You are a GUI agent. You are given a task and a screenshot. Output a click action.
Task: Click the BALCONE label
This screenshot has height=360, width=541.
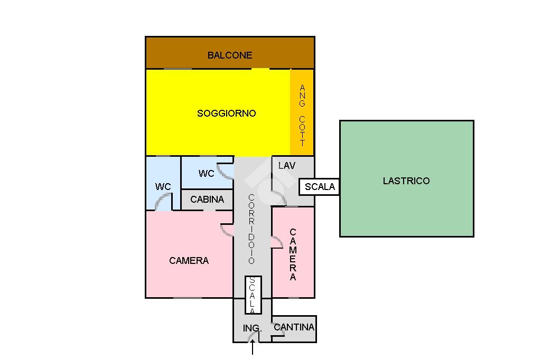[229, 55]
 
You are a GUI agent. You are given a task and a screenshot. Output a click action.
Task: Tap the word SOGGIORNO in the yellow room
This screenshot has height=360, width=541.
[226, 113]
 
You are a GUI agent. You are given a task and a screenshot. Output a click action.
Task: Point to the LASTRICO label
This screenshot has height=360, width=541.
[406, 181]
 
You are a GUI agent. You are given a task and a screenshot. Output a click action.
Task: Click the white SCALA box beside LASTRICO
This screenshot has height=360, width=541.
[320, 186]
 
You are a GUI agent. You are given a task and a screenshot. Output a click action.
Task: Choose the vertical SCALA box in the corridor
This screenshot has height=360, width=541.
[253, 295]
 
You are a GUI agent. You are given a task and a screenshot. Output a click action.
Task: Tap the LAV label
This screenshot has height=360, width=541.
[286, 165]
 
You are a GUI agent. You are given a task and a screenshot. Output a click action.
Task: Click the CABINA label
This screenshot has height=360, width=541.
[207, 199]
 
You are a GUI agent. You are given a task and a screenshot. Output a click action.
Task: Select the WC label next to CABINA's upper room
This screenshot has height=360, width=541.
[206, 173]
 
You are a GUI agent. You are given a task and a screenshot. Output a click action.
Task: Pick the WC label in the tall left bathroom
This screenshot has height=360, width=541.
[163, 186]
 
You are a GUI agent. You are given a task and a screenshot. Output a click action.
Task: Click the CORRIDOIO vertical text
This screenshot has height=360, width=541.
[251, 229]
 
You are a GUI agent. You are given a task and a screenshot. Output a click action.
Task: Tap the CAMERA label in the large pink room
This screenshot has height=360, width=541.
[189, 260]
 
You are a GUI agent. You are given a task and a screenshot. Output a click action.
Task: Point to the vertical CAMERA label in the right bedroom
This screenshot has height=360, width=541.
[293, 254]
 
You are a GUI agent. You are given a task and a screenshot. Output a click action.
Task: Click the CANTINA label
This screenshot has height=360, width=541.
[294, 327]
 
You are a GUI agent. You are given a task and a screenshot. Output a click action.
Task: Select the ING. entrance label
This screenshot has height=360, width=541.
[252, 328]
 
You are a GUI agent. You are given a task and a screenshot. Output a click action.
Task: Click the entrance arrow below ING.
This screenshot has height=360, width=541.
[253, 347]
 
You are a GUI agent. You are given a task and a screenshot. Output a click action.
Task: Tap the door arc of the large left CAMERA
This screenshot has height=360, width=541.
[226, 230]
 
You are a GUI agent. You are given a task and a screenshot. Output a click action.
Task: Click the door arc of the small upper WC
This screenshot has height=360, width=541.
[226, 170]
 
